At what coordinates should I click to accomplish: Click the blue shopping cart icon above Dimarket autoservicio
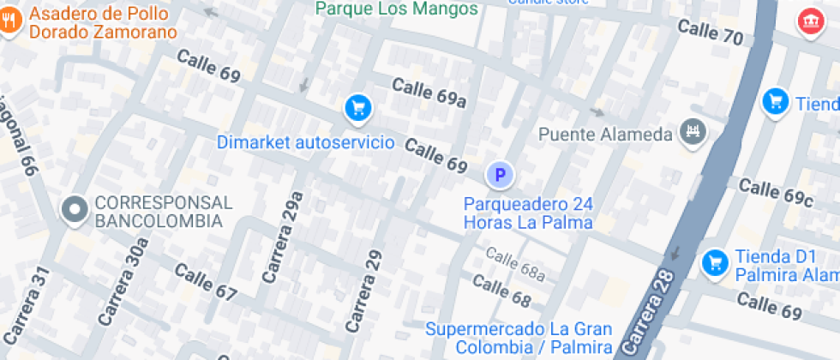pos(358,108)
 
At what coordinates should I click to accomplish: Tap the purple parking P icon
pos(500,176)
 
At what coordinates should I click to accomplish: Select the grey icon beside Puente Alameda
pos(691,133)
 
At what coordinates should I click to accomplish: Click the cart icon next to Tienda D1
pos(714,263)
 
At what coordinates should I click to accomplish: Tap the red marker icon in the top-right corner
pos(808,22)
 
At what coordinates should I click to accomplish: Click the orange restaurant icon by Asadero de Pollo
pos(11,23)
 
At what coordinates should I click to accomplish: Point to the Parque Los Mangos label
pos(396,9)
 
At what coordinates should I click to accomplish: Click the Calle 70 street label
pos(710,33)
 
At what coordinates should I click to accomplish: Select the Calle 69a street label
pos(429,93)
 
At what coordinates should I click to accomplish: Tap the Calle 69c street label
pos(775,192)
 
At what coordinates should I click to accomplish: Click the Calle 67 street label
pos(205,282)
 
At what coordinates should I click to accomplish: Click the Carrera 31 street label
pos(24,304)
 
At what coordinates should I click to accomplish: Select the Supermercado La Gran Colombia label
pos(519,338)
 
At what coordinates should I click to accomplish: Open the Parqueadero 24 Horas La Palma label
pos(528,213)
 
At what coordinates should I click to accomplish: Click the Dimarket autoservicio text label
pos(305,141)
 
